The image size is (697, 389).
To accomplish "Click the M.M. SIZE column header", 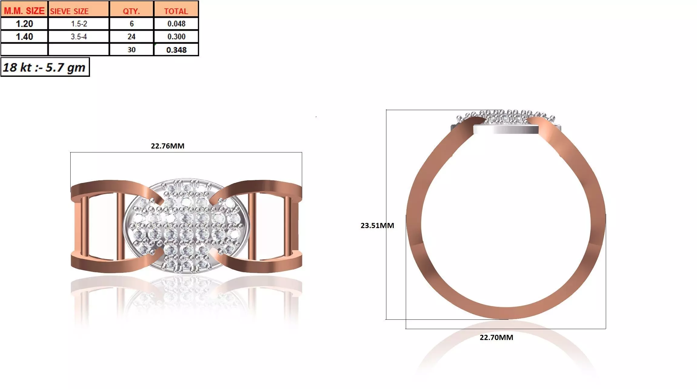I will pyautogui.click(x=24, y=11).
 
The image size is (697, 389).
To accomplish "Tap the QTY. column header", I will pyautogui.click(x=131, y=11).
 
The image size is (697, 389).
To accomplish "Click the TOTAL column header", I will pyautogui.click(x=176, y=11).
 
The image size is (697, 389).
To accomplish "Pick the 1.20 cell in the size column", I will pyautogui.click(x=24, y=24).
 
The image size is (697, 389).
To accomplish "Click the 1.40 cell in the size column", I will pyautogui.click(x=24, y=37).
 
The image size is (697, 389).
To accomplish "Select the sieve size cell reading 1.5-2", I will pyautogui.click(x=79, y=24).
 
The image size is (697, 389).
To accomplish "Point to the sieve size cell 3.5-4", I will pyautogui.click(x=79, y=37).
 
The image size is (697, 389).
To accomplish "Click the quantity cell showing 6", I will pyautogui.click(x=132, y=24).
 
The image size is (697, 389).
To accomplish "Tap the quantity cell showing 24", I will pyautogui.click(x=132, y=37).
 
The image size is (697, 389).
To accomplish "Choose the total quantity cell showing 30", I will pyautogui.click(x=132, y=50).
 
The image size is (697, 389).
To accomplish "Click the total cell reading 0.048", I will pyautogui.click(x=176, y=24).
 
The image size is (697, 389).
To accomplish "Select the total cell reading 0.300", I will pyautogui.click(x=176, y=37).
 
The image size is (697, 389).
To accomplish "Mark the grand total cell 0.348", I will pyautogui.click(x=176, y=50).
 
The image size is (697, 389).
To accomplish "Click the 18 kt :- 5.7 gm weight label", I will pyautogui.click(x=45, y=67).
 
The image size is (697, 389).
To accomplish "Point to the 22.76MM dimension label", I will pyautogui.click(x=168, y=146).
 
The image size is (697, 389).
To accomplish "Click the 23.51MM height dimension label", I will pyautogui.click(x=377, y=225).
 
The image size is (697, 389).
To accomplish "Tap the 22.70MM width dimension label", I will pyautogui.click(x=496, y=337).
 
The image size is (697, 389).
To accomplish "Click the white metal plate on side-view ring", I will pyautogui.click(x=505, y=129).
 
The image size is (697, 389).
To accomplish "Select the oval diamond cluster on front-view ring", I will pyautogui.click(x=186, y=225).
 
